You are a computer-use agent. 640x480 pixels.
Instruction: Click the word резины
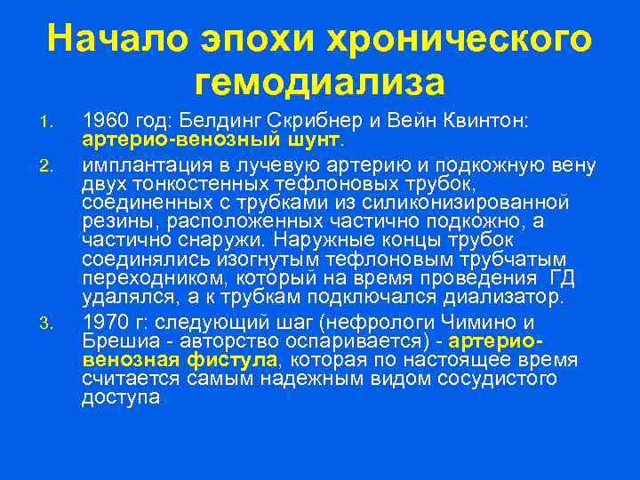tap(112, 221)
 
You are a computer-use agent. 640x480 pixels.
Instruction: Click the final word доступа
tap(121, 398)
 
